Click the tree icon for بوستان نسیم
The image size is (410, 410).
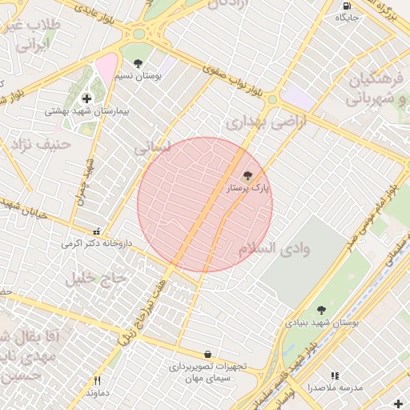click(139, 63)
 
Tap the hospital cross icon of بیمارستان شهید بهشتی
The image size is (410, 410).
click(87, 98)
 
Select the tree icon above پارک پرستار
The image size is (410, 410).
click(247, 175)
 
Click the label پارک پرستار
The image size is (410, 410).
click(249, 188)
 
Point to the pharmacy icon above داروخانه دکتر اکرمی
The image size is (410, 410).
click(97, 230)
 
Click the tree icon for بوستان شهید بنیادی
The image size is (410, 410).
click(322, 310)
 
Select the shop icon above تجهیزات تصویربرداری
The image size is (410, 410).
click(208, 353)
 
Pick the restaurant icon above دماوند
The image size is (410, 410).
click(98, 381)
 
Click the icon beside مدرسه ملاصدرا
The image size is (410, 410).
click(335, 375)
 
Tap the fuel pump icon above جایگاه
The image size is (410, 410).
click(346, 6)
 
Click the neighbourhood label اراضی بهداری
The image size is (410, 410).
click(256, 123)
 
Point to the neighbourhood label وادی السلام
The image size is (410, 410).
click(273, 248)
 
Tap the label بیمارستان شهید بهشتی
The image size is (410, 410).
click(79, 111)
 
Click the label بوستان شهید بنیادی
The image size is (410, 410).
click(322, 323)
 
